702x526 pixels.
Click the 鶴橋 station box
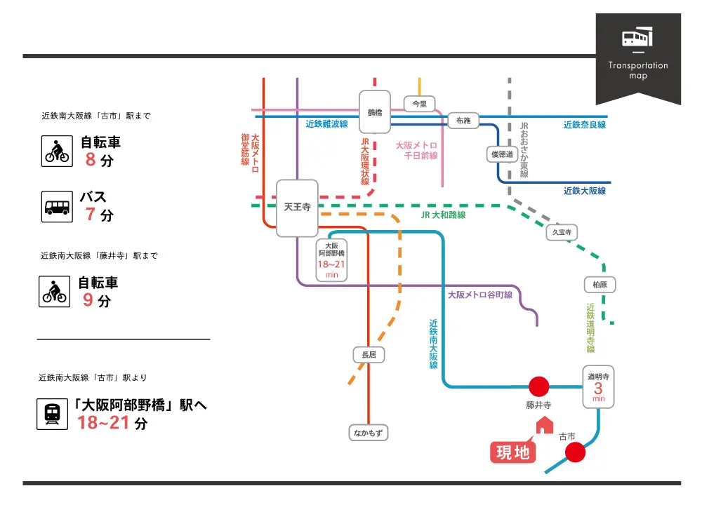coord(375,112)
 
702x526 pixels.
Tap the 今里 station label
coord(419,104)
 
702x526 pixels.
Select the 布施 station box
coord(463,121)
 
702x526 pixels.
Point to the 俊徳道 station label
coord(501,154)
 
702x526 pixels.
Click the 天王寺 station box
coord(297,208)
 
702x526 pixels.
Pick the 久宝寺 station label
coord(562,231)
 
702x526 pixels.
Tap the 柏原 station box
coord(600,285)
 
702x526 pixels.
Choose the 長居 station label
coord(369,356)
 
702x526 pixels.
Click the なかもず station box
coord(369,433)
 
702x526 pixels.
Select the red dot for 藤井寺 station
coord(538,386)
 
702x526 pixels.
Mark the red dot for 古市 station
coord(575,453)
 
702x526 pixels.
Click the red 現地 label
coord(513,452)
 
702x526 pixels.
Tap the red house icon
coord(545,425)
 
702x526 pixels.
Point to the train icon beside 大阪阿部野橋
coord(52,414)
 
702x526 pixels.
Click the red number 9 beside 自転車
coord(88,301)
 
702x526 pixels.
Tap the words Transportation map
coord(638,70)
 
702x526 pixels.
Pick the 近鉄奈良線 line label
coord(584,125)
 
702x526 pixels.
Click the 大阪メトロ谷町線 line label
coord(480,295)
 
